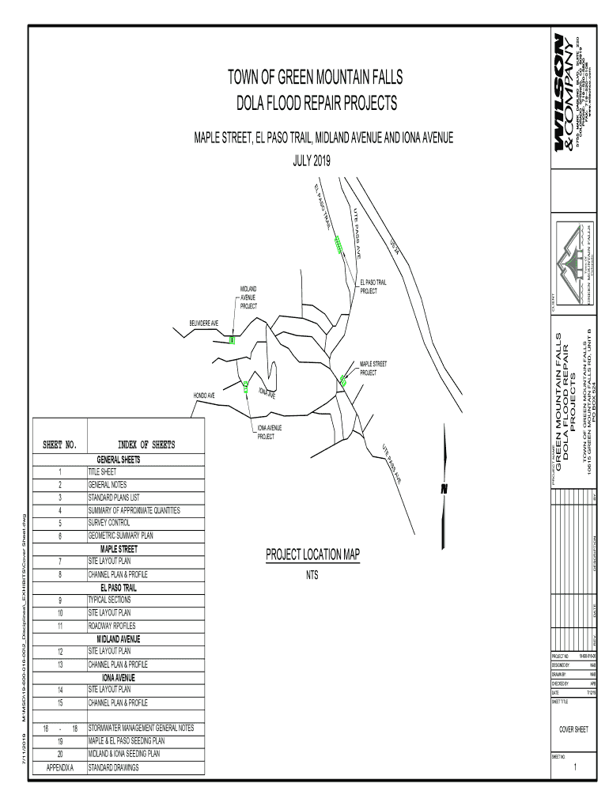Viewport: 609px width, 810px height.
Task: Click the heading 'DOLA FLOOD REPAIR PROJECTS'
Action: tap(314, 104)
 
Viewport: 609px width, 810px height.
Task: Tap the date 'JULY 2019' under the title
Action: tap(314, 160)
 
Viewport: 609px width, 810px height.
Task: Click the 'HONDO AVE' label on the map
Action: tap(204, 395)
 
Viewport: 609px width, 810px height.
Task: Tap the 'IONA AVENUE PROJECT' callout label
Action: tap(270, 432)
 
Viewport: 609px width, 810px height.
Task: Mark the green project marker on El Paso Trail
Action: tap(339, 244)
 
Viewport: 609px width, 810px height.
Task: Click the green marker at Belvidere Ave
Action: tap(232, 340)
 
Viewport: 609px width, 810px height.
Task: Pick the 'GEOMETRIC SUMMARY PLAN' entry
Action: tap(120, 536)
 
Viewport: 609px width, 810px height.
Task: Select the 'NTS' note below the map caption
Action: tap(312, 575)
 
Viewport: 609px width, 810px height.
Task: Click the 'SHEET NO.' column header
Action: tap(59, 445)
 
